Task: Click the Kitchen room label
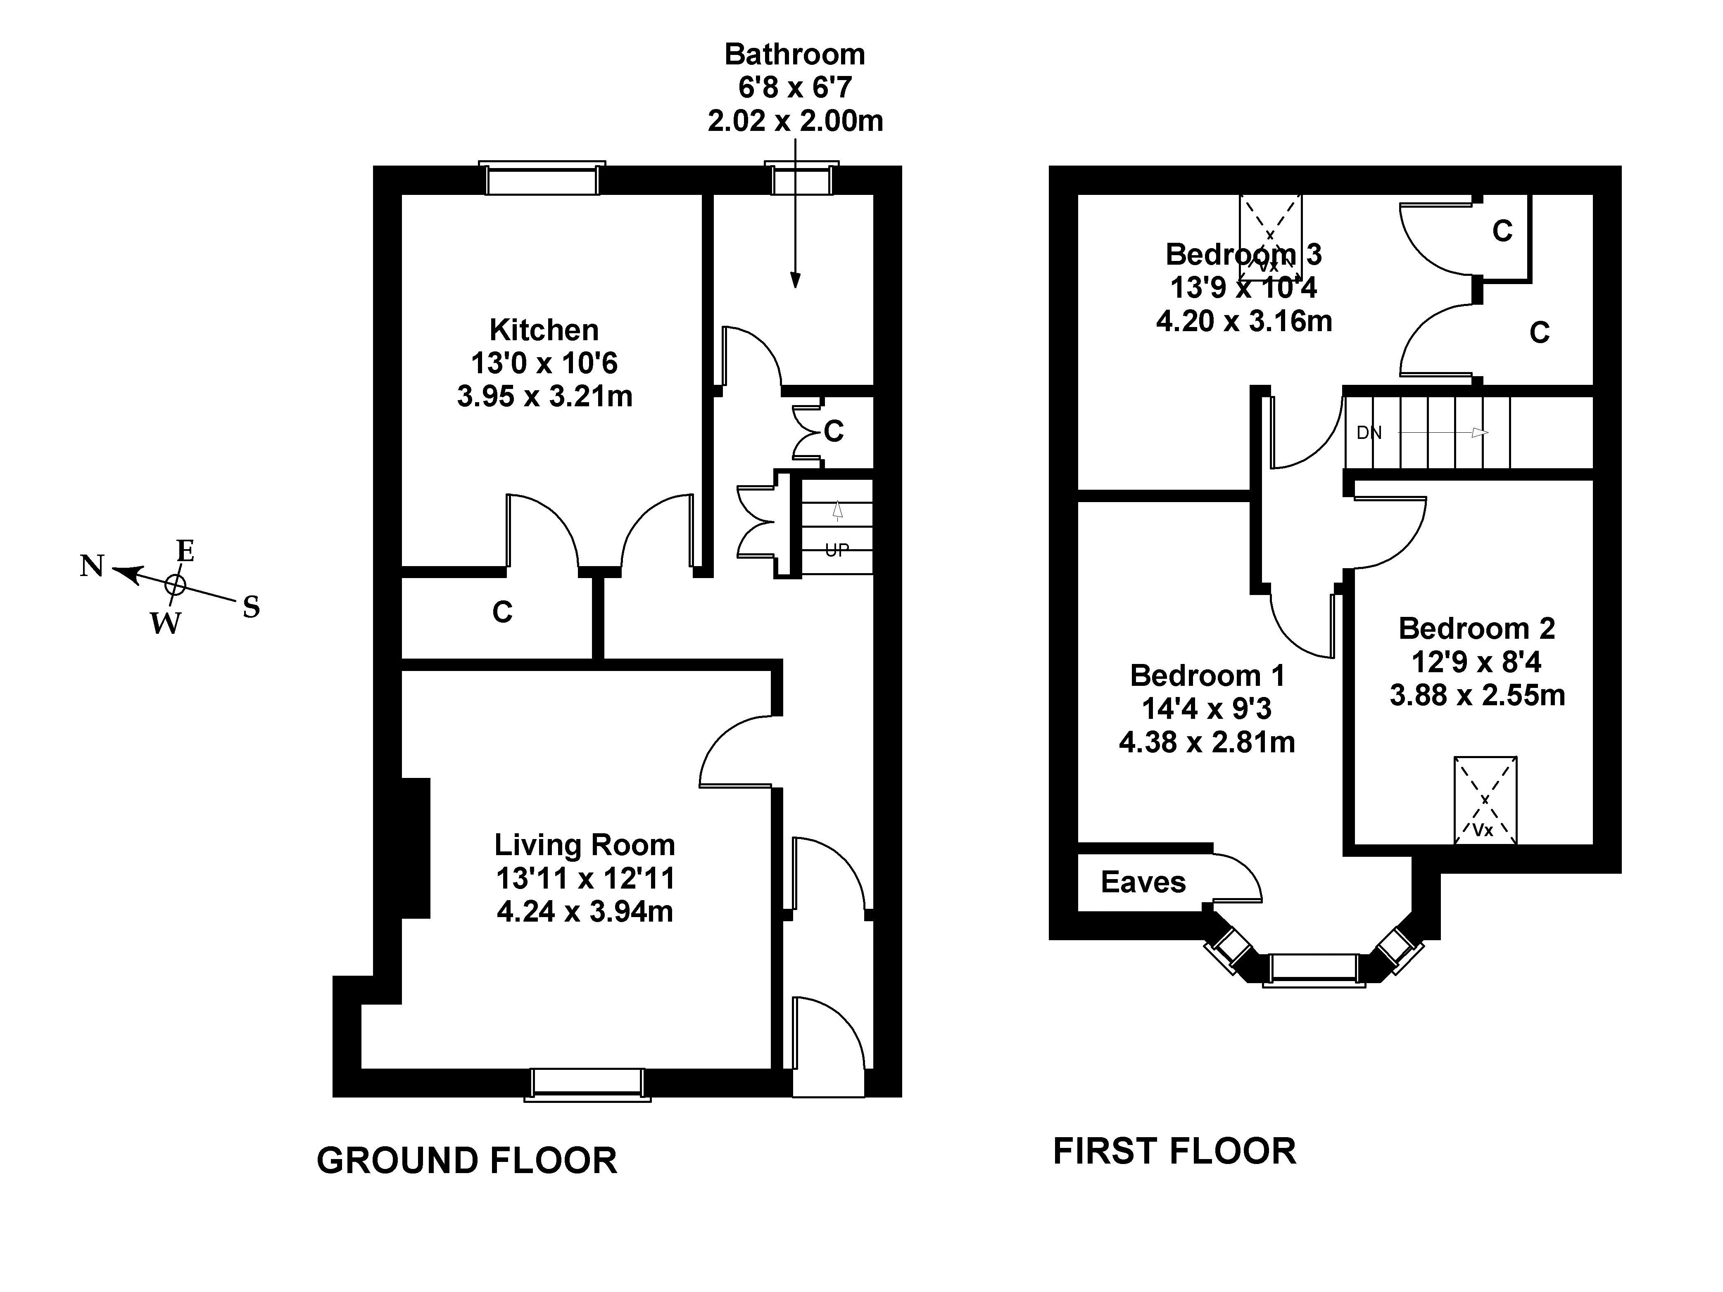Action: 544,330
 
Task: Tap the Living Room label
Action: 584,845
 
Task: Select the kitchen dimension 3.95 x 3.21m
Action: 544,397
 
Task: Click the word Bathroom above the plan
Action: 794,55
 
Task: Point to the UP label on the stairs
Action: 837,550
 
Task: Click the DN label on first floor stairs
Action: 1369,433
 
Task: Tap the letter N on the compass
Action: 92,566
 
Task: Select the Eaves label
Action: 1143,882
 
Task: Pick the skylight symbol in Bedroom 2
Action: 1485,800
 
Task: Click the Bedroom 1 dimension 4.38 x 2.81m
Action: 1207,742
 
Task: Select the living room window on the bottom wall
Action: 587,1084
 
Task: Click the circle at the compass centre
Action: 175,585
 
